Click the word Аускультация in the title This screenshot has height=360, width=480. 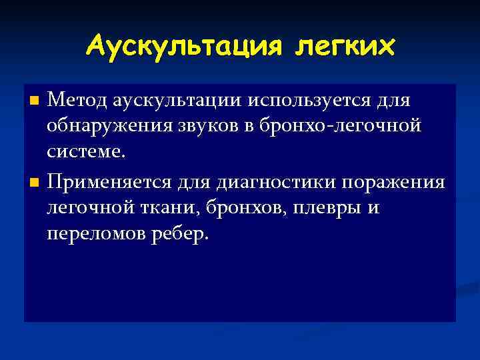coord(174,47)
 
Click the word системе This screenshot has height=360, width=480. coord(86,152)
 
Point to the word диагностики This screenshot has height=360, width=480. coord(262,181)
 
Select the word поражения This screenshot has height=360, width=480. coord(393,181)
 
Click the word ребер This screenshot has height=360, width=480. coord(183,233)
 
